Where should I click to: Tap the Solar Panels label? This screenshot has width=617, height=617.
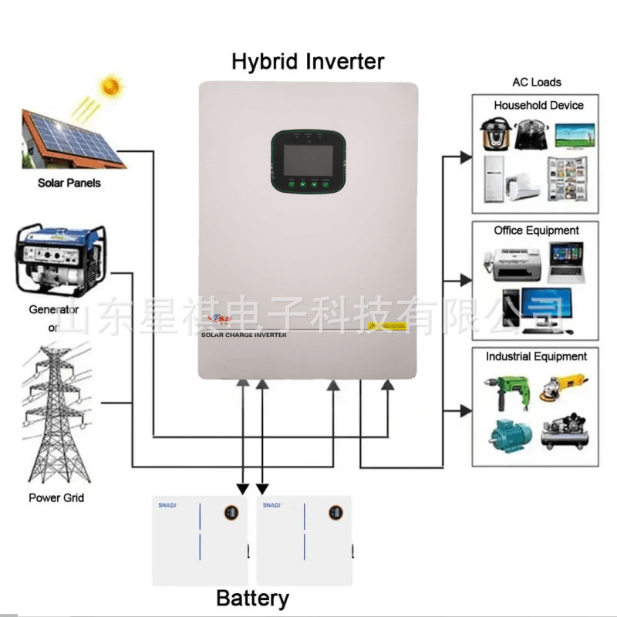pyautogui.click(x=69, y=184)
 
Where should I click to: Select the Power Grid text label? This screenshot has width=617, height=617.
pyautogui.click(x=56, y=497)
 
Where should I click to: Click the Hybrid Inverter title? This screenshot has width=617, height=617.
pyautogui.click(x=308, y=61)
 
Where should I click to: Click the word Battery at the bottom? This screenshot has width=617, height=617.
pyautogui.click(x=252, y=598)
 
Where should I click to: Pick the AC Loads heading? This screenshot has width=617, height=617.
pyautogui.click(x=537, y=82)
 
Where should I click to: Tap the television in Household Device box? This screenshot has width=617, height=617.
pyautogui.click(x=575, y=136)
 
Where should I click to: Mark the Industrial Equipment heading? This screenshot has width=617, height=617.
pyautogui.click(x=536, y=357)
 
